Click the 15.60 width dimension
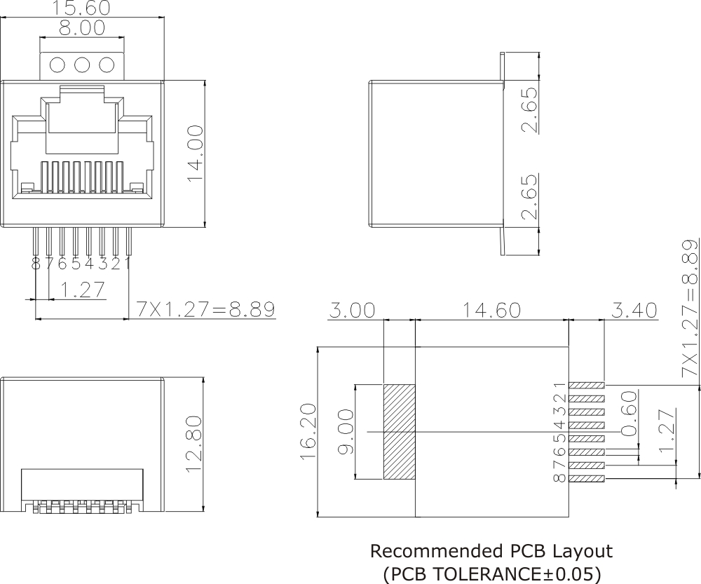tap(81, 8)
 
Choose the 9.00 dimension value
tap(346, 432)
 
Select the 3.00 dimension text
tap(353, 311)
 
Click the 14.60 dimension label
tap(491, 311)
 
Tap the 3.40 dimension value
tap(633, 311)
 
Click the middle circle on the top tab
tap(82, 64)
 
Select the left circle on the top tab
tap(58, 64)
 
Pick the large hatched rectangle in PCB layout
tap(400, 432)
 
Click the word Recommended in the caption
tap(433, 551)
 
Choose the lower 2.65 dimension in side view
tap(531, 196)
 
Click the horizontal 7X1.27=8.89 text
tap(205, 309)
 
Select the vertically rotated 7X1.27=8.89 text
tap(690, 310)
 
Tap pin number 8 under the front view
tap(36, 264)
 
